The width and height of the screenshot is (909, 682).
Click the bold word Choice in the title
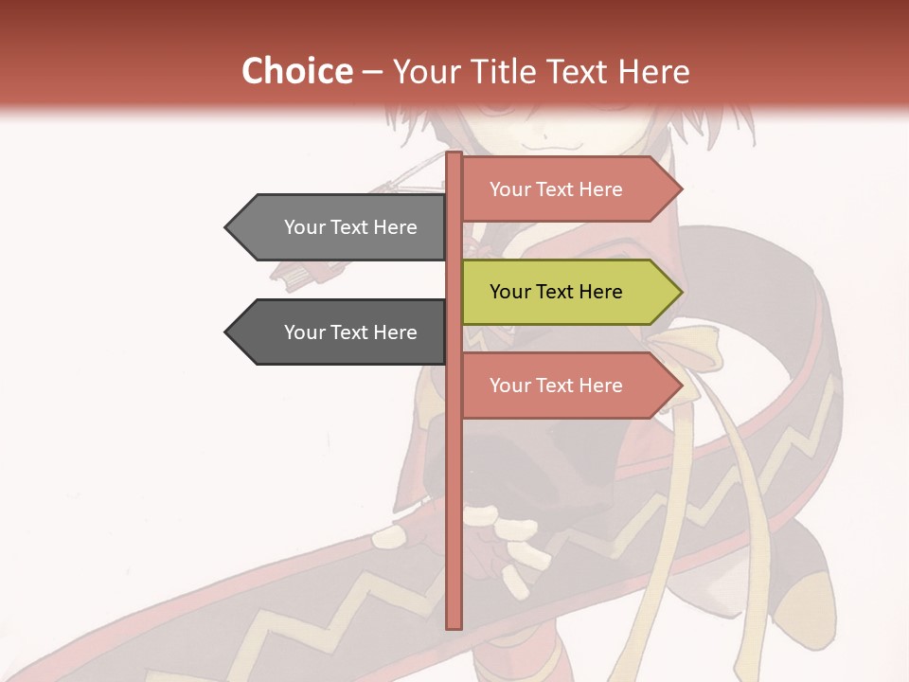pos(296,71)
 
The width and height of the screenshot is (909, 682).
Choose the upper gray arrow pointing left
pos(341,227)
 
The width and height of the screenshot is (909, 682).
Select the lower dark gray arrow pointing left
pos(341,332)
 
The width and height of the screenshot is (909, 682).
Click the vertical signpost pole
pos(454,474)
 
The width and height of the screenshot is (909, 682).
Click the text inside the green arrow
pos(556,292)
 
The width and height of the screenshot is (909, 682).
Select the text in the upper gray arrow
pos(350,227)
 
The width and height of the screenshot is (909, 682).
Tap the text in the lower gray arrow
pos(350,332)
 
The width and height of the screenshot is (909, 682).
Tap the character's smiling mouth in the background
pos(549,144)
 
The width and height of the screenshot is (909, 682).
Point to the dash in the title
pos(372,72)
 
